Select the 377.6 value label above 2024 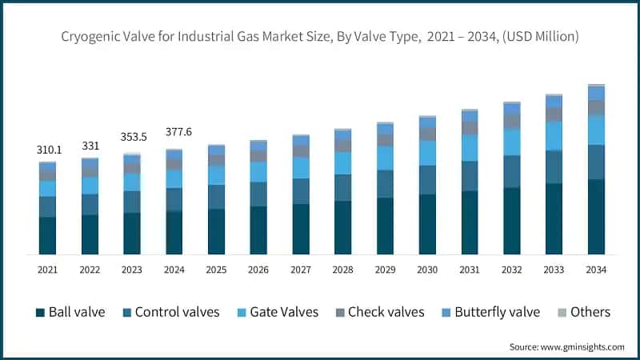pos(174,132)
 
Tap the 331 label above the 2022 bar pos(90,146)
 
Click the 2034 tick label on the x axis pos(595,270)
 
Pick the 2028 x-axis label pos(342,270)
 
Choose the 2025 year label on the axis pos(216,270)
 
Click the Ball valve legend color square pos(39,312)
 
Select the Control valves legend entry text pos(177,312)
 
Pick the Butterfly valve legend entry pos(497,312)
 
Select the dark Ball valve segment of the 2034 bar pos(595,217)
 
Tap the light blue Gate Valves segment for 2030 pos(427,153)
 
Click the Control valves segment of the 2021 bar pos(47,206)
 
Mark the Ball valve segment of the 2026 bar pos(258,230)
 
